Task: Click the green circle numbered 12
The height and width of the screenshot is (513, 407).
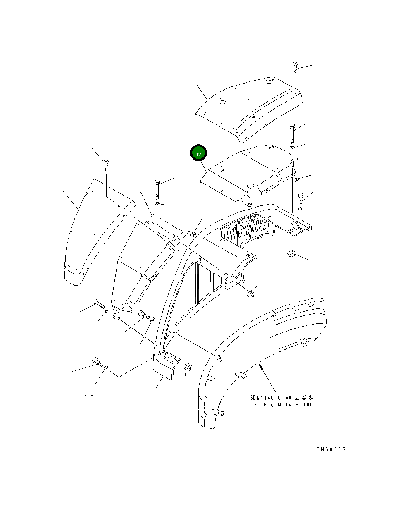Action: pos(198,154)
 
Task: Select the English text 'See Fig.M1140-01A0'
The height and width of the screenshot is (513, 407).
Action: pos(281,405)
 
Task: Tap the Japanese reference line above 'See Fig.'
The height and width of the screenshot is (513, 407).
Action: pos(281,398)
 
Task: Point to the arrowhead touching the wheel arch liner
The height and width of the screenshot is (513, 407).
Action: pos(259,365)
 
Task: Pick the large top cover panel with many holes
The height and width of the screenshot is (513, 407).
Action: pos(248,107)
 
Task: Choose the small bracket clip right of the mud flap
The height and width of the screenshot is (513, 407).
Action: pos(187,367)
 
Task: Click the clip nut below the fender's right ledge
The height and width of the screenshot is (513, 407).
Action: pos(291,253)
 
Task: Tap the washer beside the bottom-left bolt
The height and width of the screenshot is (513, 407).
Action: pos(107,367)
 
